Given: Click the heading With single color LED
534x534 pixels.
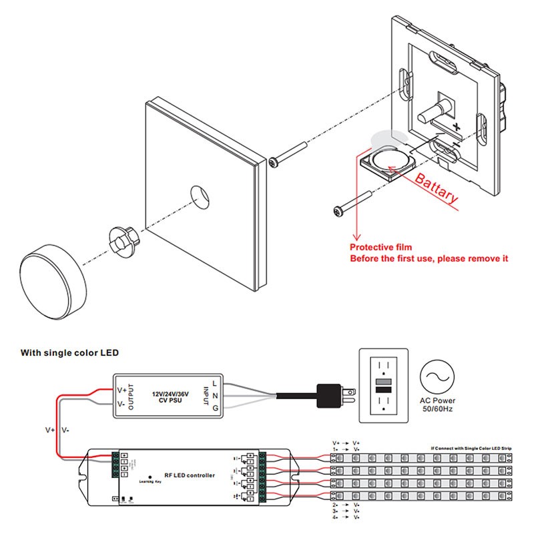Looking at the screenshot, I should click(x=69, y=352).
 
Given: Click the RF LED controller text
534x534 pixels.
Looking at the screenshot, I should click(x=190, y=475).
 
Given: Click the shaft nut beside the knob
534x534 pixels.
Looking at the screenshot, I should click(x=122, y=239).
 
